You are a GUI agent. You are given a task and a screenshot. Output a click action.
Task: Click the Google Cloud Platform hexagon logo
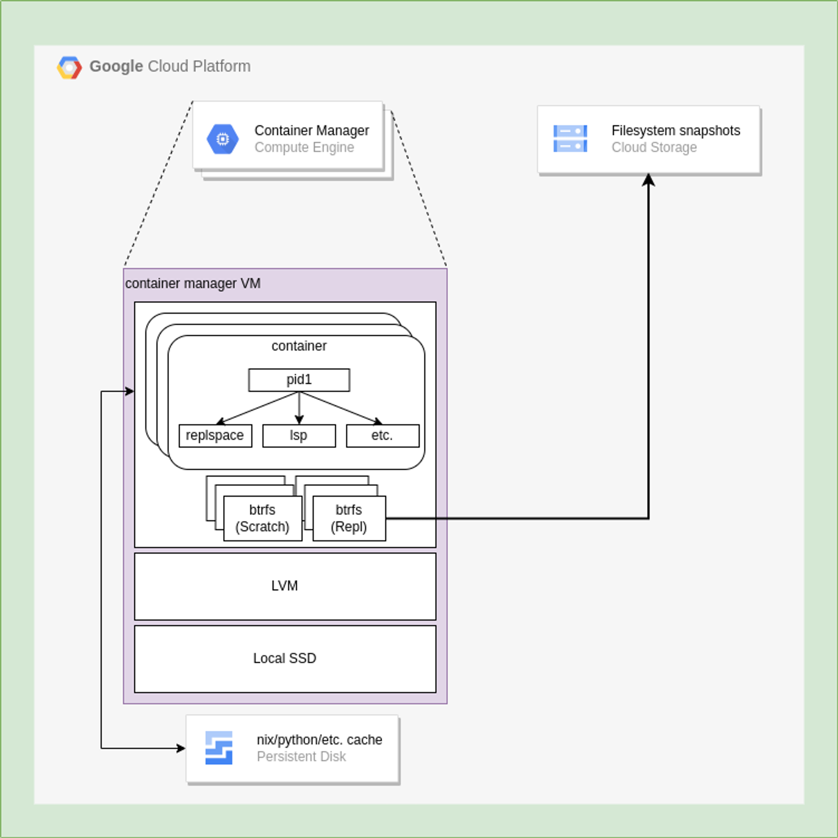pos(70,68)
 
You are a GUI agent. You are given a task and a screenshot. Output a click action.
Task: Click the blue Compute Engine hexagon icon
pos(223,139)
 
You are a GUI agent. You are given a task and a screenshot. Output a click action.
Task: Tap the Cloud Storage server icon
pos(570,139)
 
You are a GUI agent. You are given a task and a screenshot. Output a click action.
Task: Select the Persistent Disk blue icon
pos(219,748)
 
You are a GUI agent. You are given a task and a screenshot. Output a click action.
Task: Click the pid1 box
pos(299,380)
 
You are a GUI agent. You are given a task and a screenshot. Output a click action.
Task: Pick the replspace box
pos(215,435)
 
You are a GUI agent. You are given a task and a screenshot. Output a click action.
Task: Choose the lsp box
pos(299,435)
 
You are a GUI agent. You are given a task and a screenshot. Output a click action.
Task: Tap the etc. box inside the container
pos(383,435)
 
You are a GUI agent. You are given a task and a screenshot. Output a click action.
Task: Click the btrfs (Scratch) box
pos(262,518)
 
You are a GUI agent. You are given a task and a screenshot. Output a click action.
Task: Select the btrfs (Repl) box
pos(349,518)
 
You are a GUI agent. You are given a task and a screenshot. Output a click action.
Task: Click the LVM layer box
pos(285,586)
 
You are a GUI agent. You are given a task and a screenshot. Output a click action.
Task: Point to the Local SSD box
pos(285,658)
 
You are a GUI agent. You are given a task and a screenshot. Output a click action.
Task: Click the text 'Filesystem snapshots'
pos(675,131)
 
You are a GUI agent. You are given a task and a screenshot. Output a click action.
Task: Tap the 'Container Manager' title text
pos(311,131)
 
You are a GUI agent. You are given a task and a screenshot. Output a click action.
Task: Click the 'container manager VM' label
pos(193,284)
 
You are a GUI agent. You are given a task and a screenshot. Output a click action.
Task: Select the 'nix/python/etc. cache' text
pos(319,739)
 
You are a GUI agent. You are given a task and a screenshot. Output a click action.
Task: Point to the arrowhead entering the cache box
pos(181,748)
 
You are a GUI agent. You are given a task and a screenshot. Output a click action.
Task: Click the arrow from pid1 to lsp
pos(299,408)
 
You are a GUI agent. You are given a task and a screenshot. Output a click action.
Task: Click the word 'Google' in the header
pos(116,66)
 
